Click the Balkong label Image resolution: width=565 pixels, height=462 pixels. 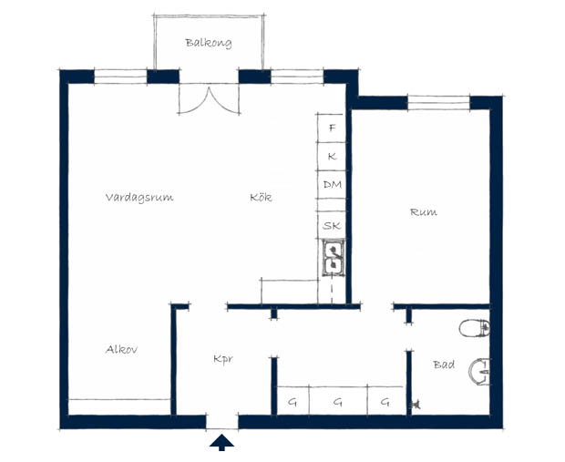(x=209, y=43)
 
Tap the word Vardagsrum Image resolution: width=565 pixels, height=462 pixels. (x=139, y=198)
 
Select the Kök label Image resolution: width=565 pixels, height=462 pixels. (x=261, y=197)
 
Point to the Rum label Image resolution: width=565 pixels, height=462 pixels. (x=424, y=212)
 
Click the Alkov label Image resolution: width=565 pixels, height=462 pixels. (x=121, y=349)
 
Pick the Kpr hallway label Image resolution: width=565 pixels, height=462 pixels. (x=223, y=359)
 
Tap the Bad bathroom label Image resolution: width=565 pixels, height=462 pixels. (x=444, y=364)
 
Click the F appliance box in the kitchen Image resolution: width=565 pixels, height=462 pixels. (x=332, y=128)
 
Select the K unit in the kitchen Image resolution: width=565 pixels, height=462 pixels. (x=332, y=157)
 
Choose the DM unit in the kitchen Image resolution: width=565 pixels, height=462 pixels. (x=332, y=184)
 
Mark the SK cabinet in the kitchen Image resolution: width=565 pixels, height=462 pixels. (x=332, y=225)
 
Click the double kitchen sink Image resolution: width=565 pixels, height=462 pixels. (x=334, y=258)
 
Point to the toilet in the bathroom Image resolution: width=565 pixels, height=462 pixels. (x=475, y=328)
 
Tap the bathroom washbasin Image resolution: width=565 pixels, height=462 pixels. (x=479, y=372)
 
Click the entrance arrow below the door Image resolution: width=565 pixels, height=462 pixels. (x=221, y=442)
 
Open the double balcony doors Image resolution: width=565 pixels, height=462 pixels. (x=209, y=99)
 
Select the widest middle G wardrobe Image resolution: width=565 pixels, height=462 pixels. (x=338, y=401)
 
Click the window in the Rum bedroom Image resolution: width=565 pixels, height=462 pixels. (x=438, y=103)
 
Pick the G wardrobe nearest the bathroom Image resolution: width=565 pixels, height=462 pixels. (x=386, y=401)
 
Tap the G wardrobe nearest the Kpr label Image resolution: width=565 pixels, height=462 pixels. (x=293, y=401)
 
